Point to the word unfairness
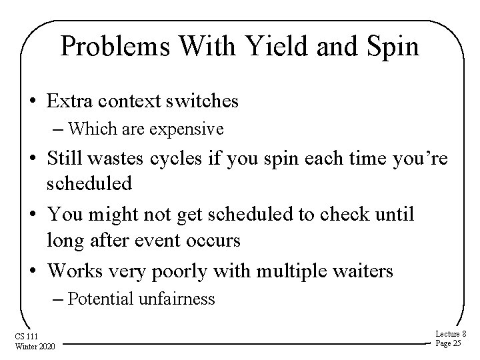(x=177, y=299)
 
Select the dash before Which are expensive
(x=59, y=128)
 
